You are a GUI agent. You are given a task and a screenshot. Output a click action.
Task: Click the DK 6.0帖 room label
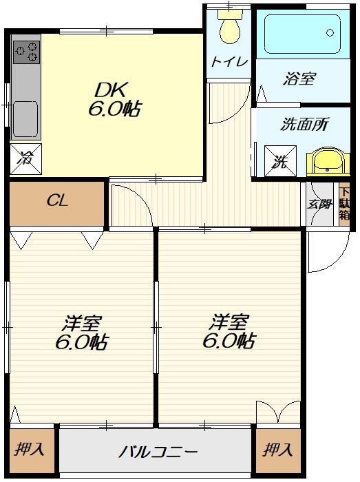click(114, 99)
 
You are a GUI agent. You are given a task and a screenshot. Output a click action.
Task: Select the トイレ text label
click(229, 62)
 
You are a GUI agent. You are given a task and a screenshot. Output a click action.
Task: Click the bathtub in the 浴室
click(303, 34)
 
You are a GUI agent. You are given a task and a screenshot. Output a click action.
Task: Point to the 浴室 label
click(299, 78)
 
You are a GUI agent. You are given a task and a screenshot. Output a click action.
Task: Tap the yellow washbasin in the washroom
click(328, 163)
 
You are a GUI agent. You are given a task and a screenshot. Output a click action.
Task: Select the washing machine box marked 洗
click(280, 161)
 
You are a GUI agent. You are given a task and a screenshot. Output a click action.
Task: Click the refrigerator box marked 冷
click(25, 159)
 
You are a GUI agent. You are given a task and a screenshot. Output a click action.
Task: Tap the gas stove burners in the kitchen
click(26, 52)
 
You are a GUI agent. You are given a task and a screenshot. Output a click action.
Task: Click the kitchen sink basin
click(25, 119)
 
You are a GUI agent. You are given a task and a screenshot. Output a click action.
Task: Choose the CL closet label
click(58, 201)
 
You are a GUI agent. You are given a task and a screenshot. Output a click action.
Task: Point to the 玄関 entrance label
click(319, 204)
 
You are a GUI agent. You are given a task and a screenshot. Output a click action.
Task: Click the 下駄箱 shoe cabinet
click(344, 204)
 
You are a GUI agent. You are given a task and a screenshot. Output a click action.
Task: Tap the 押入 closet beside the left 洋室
click(30, 450)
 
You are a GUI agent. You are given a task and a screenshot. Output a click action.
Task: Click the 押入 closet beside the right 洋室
click(278, 450)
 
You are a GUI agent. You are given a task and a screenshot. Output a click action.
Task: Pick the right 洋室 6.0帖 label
click(229, 331)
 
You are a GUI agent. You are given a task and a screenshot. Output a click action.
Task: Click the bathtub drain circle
click(330, 32)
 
